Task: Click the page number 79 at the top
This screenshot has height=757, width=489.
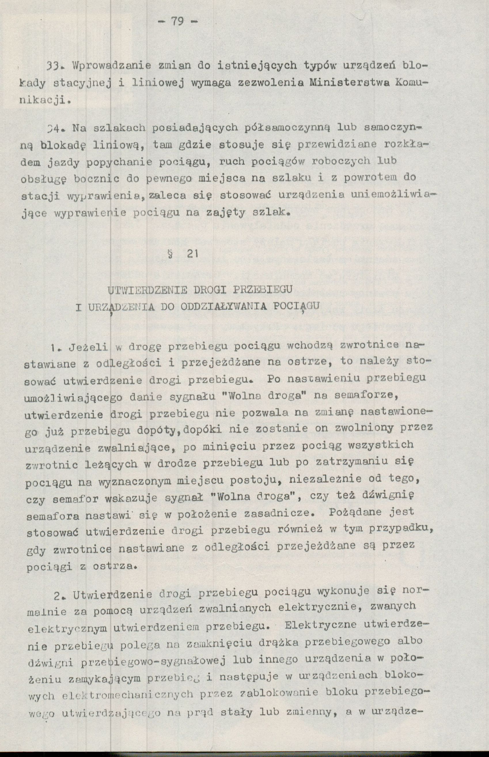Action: pyautogui.click(x=178, y=22)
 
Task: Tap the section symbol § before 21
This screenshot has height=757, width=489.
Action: pyautogui.click(x=174, y=254)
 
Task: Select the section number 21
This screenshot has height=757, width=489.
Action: pyautogui.click(x=192, y=254)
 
